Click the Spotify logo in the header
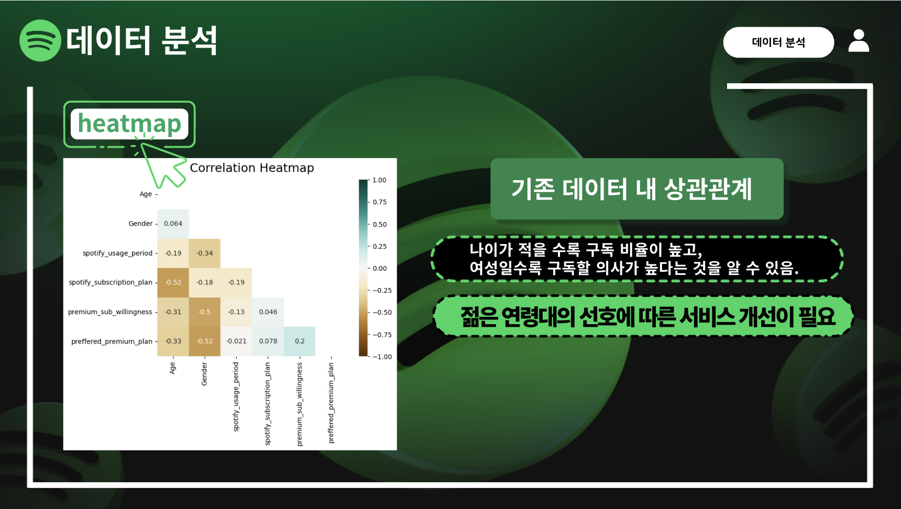point(40,40)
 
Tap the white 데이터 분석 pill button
point(778,42)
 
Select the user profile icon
point(859,41)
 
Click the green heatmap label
point(129,124)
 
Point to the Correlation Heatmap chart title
point(252,168)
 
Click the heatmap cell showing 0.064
point(173,224)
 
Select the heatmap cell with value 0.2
point(300,341)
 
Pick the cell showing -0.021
point(236,341)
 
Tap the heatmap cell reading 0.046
point(268,312)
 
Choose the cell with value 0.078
point(268,341)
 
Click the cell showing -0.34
point(205,253)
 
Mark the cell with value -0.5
point(205,312)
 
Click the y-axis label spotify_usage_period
point(117,253)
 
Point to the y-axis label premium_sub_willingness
point(110,312)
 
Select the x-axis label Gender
point(204,374)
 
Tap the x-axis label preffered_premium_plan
point(331,403)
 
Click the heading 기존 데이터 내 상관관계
point(632,189)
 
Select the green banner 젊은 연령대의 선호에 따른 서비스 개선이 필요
point(643,316)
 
